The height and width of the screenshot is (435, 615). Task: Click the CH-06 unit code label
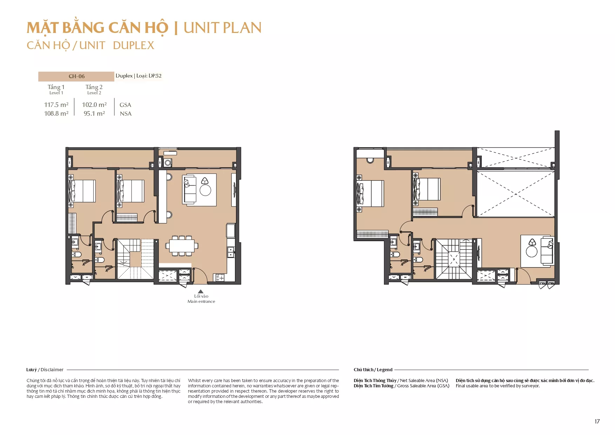[x=76, y=76]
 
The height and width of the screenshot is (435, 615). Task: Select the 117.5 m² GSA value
[x=56, y=105]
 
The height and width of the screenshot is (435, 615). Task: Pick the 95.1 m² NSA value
[x=94, y=114]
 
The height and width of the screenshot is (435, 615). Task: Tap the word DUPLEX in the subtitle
[x=134, y=45]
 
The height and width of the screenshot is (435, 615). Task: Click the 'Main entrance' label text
[x=201, y=301]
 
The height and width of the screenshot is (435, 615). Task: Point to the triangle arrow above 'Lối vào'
[x=201, y=291]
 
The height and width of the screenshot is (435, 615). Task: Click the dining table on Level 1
[x=182, y=245]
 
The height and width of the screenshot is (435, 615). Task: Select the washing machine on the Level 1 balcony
[x=168, y=163]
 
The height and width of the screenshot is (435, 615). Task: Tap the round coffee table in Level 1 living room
[x=205, y=190]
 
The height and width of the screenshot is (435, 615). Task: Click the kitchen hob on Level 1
[x=220, y=278]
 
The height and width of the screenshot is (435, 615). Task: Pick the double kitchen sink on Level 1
[x=231, y=252]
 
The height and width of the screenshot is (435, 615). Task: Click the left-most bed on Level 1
[x=82, y=191]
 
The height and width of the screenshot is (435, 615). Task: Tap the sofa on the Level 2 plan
[x=547, y=251]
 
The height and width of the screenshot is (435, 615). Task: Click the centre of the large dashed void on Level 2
[x=516, y=193]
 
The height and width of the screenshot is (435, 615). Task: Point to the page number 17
[x=597, y=421]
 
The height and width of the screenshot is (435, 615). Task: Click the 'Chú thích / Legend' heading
[x=373, y=370]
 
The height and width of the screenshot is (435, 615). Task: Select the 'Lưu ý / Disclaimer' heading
[x=45, y=370]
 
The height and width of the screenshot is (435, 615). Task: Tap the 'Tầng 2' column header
[x=94, y=87]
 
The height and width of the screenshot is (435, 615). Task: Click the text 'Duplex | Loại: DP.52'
[x=138, y=76]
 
